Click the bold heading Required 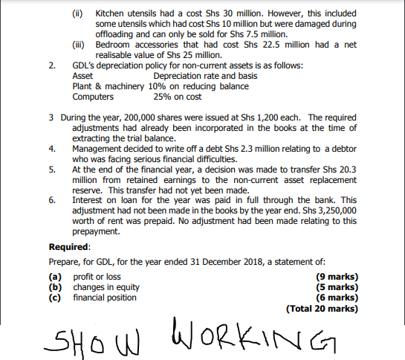pos(69,247)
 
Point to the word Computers pos(93,97)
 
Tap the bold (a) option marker pos(54,277)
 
